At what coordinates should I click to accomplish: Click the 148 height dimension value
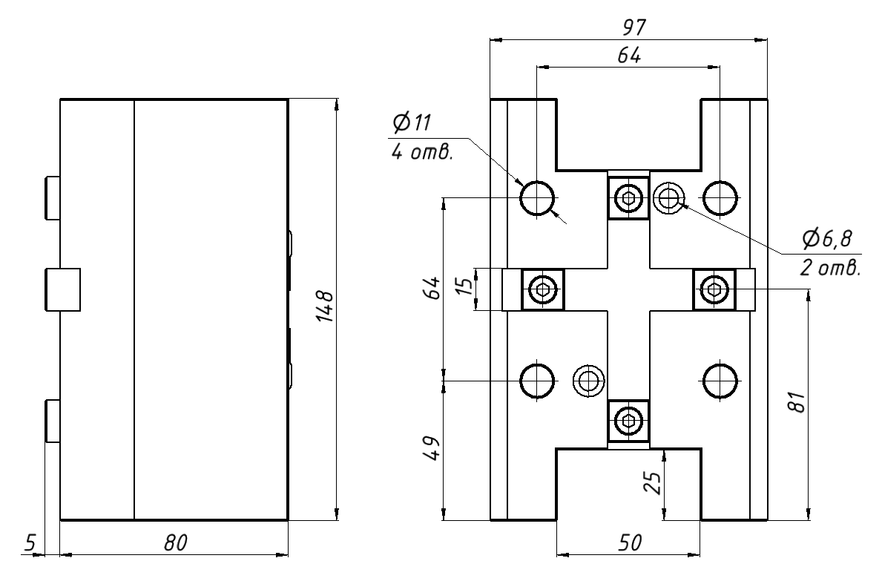point(323,307)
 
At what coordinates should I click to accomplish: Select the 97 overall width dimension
point(634,28)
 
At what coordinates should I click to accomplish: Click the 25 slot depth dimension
point(651,484)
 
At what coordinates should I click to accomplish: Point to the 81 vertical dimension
point(797,404)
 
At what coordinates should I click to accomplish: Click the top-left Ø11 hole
point(537,198)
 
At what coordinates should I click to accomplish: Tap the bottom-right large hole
point(720,381)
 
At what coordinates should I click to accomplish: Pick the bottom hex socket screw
point(629,421)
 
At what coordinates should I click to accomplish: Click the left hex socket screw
point(544,289)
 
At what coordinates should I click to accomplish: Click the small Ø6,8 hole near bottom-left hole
point(590,381)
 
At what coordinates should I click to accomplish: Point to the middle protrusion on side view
point(63,289)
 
